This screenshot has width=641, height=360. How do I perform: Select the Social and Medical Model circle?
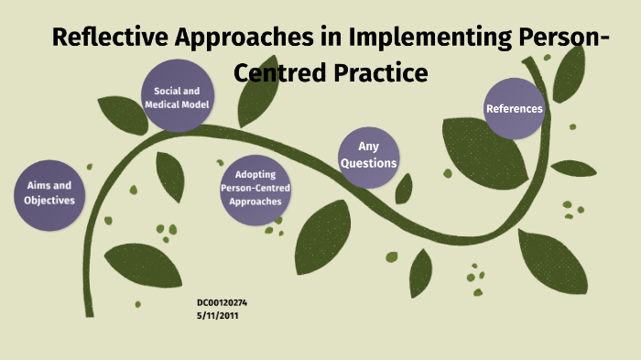pos(178,98)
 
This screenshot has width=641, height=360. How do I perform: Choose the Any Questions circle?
pos(368,155)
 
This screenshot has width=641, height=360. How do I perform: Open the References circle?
pos(514,109)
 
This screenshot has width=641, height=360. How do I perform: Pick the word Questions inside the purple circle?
pos(368,163)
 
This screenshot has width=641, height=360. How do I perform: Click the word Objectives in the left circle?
pos(49,200)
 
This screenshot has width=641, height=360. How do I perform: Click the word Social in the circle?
pos(164,92)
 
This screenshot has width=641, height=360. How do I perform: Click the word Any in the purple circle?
pos(368,147)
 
